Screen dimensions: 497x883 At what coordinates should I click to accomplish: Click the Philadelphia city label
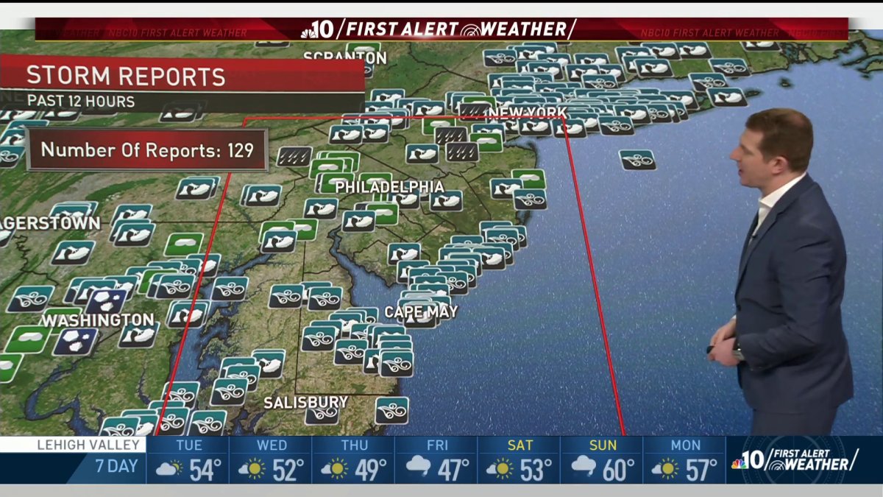click(390, 188)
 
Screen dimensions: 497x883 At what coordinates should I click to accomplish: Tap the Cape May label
click(421, 312)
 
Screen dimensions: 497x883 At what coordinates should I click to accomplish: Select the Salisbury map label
click(305, 402)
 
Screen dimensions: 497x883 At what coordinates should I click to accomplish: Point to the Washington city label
click(97, 321)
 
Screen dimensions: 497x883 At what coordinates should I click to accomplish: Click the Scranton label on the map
click(344, 57)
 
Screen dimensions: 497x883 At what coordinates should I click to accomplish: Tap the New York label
click(528, 113)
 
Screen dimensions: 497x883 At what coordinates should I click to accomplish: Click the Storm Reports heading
click(126, 77)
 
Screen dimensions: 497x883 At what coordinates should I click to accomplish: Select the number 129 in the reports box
click(239, 150)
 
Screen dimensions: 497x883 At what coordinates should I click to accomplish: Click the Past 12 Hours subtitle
click(81, 101)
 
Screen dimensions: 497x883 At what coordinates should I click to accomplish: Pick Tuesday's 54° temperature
click(205, 470)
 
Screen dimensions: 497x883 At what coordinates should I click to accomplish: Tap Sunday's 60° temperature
click(618, 470)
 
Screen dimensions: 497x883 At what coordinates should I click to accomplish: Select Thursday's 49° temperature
click(369, 470)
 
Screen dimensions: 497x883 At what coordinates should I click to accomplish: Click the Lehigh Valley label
click(79, 445)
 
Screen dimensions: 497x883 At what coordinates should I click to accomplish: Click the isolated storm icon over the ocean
click(637, 160)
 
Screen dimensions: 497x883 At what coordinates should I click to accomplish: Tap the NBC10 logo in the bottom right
click(749, 460)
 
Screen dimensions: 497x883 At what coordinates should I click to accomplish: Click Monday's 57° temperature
click(701, 470)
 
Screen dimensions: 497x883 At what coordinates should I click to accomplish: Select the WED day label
click(272, 445)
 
